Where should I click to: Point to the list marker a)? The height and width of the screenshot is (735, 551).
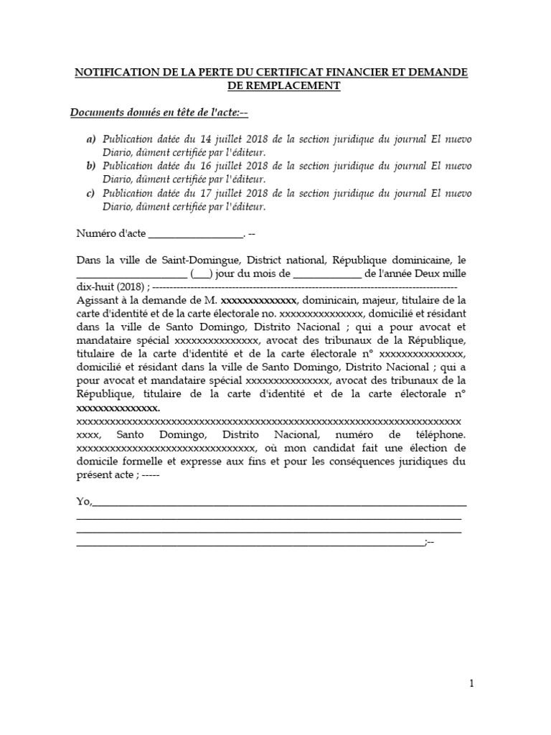pos(91,139)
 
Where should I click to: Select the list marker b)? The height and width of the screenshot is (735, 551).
pos(91,167)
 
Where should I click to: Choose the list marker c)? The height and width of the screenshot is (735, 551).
pos(91,194)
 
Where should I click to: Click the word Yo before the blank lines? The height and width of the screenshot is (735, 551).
pos(82,501)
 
